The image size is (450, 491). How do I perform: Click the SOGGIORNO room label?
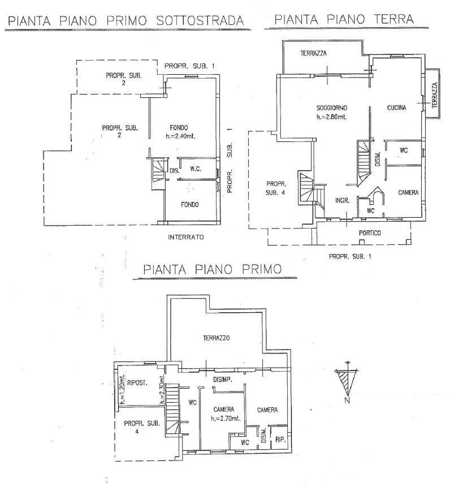(332, 108)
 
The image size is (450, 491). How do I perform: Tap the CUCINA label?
(396, 107)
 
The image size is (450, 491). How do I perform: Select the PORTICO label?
(370, 233)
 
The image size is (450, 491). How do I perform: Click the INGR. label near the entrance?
(343, 201)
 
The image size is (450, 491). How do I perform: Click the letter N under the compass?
(347, 401)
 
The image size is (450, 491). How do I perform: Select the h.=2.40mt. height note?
(180, 136)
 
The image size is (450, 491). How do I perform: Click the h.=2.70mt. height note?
(226, 419)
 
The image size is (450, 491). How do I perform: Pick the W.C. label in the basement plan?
(196, 169)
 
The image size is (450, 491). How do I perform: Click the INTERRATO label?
(186, 238)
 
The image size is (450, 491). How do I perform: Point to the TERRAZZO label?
(217, 338)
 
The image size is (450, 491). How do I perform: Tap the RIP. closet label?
(280, 440)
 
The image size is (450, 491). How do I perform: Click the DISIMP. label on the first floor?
(223, 380)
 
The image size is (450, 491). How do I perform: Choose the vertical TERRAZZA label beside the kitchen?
(434, 96)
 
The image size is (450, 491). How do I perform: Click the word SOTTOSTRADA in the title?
(200, 21)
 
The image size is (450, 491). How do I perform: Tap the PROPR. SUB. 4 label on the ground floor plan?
(276, 188)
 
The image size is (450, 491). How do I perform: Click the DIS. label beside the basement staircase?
(175, 171)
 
